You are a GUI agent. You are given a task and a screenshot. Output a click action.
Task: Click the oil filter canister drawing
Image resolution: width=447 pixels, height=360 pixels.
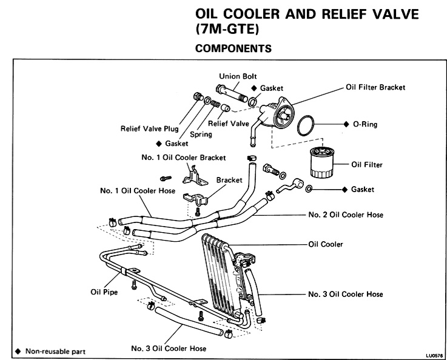(x=317, y=162)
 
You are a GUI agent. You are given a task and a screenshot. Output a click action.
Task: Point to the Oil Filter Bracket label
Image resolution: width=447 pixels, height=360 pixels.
(x=375, y=87)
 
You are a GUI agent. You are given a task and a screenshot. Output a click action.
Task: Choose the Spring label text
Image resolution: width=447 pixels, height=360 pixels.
(x=201, y=134)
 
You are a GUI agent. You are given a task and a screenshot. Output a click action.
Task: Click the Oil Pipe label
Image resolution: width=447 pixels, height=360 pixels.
(x=96, y=291)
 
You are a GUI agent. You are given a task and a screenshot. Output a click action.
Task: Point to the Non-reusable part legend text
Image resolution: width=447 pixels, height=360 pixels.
(x=55, y=351)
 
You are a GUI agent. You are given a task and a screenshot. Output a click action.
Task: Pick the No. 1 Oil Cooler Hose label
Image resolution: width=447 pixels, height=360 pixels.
(x=138, y=191)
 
